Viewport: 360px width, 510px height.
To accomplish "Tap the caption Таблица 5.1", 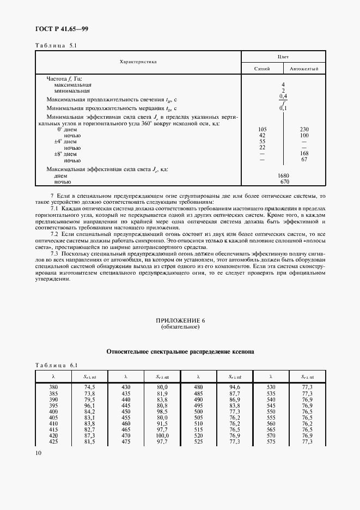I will [x=57, y=46].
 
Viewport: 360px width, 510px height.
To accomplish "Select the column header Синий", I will [x=263, y=69].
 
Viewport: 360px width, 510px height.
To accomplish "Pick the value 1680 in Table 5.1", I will [x=283, y=175].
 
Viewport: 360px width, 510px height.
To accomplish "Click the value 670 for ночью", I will [x=283, y=181].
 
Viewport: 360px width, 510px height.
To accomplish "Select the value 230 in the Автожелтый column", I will [x=304, y=129].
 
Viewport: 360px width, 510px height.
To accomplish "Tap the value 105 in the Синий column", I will [x=262, y=129].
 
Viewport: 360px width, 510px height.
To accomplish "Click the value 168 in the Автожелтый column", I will [x=304, y=154].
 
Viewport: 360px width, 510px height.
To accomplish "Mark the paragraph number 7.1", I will [x=55, y=209].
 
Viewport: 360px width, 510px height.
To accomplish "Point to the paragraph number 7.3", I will [x=55, y=254].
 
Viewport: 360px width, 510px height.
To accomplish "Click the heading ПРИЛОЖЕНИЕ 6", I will [x=180, y=320].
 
